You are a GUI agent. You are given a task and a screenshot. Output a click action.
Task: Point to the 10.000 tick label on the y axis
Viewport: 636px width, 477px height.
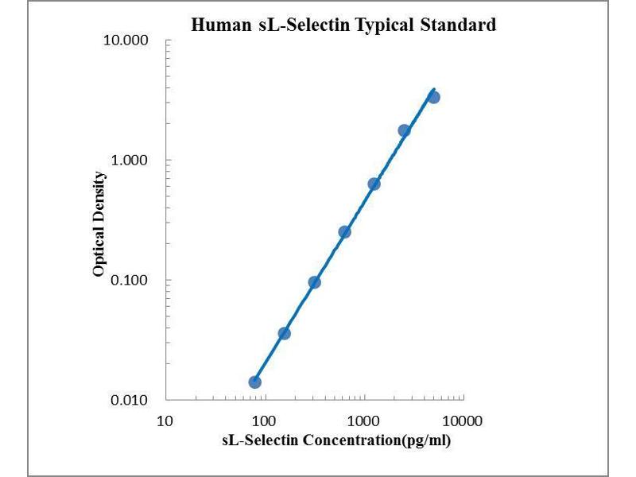pyautogui.click(x=126, y=41)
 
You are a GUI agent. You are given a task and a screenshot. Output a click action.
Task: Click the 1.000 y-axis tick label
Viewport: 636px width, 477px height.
pyautogui.click(x=130, y=160)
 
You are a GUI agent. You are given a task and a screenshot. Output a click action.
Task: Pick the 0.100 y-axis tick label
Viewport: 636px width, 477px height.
pyautogui.click(x=130, y=280)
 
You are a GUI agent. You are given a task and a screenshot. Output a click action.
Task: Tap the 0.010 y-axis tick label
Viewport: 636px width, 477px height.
pyautogui.click(x=130, y=399)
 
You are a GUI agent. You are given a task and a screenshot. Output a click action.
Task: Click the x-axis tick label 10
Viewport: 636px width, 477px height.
pyautogui.click(x=165, y=420)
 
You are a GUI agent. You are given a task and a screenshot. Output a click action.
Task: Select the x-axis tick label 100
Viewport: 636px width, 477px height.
pyautogui.click(x=264, y=420)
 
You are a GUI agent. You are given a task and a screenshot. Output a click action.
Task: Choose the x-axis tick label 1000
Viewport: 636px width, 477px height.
pyautogui.click(x=363, y=420)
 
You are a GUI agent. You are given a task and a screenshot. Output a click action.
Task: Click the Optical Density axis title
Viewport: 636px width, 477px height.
pyautogui.click(x=99, y=224)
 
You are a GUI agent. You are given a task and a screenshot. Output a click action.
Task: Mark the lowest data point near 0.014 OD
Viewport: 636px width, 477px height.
pyautogui.click(x=254, y=382)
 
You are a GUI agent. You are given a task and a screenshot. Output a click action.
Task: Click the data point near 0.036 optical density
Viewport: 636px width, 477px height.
pyautogui.click(x=284, y=333)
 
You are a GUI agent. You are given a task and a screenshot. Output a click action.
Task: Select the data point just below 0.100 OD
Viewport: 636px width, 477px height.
pyautogui.click(x=314, y=282)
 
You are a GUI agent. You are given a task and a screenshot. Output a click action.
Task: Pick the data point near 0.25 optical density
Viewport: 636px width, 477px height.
pyautogui.click(x=344, y=232)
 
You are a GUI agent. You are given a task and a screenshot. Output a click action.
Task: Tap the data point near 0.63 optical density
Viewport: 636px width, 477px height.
pyautogui.click(x=374, y=184)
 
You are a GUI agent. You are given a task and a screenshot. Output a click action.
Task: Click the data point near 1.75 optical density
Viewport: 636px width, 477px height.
pyautogui.click(x=404, y=130)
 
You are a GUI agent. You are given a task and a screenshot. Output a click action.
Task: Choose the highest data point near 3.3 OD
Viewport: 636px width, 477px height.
pyautogui.click(x=433, y=97)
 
